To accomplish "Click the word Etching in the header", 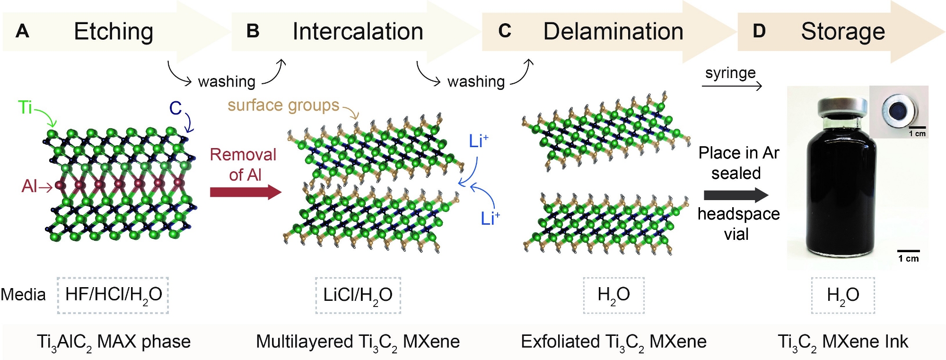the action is pos(114,32).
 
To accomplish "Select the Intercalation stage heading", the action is pos(358,32).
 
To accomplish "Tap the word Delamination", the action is pos(613,32).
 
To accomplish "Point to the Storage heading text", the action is pos(842,32).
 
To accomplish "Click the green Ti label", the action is pos(25,107).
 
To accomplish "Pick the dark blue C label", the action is pos(175,108).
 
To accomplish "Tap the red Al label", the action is pos(29,186).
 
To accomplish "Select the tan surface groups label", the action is pos(283,105).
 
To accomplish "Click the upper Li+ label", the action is pos(478,141).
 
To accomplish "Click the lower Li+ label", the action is pos(490,218).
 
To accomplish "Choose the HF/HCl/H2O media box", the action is pos(113,295).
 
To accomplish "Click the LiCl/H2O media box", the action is pos(358,295).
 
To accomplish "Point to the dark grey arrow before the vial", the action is pos(736,195).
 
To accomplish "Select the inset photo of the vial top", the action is pos(898,112).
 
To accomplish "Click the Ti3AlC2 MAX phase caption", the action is pos(114,342).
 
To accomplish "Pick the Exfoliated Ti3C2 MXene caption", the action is pos(613,342).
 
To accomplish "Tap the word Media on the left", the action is pos(23,294).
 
